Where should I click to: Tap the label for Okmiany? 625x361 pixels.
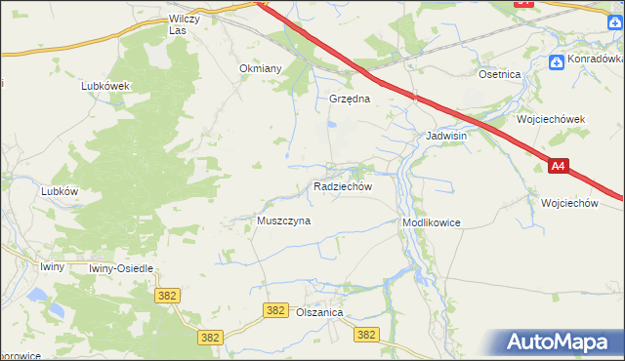(261, 68)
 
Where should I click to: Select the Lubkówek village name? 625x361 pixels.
(105, 85)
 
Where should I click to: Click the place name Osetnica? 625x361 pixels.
(499, 74)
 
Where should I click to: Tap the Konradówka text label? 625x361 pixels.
(596, 60)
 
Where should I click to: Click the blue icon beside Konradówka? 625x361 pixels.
(557, 60)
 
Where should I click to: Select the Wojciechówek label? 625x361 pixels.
(551, 119)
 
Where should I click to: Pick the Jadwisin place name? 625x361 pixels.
(446, 137)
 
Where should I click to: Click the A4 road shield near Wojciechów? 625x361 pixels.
(558, 167)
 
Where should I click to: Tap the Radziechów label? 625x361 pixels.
(342, 185)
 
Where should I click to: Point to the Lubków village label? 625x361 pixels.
(60, 191)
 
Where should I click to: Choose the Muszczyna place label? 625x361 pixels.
(283, 221)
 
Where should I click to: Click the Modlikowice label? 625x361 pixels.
(431, 222)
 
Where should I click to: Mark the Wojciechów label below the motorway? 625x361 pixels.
(568, 203)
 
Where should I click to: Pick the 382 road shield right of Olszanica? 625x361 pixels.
(366, 335)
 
